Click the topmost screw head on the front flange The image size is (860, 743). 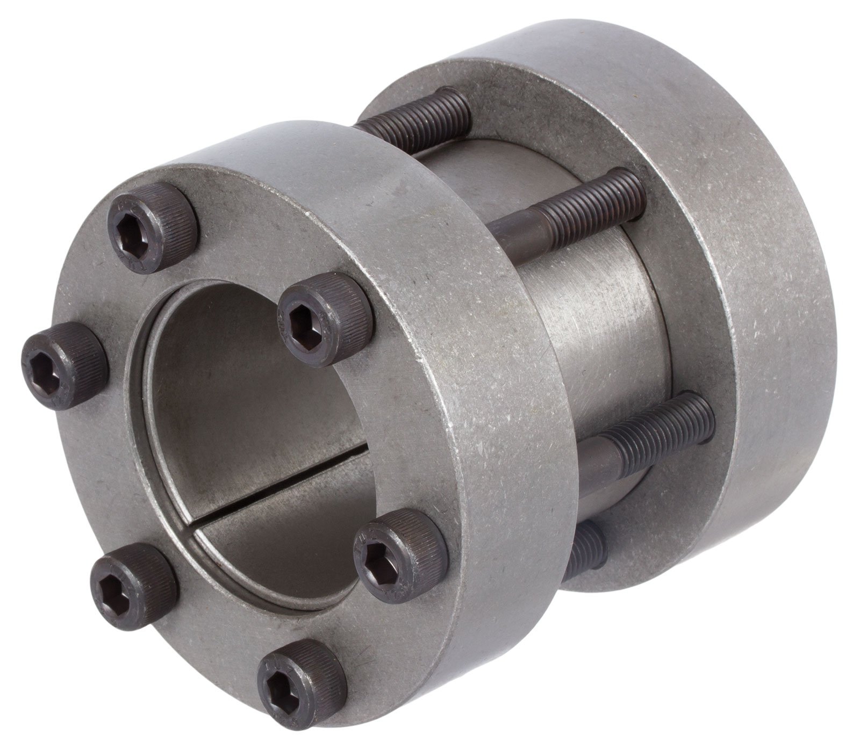pyautogui.click(x=153, y=228)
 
